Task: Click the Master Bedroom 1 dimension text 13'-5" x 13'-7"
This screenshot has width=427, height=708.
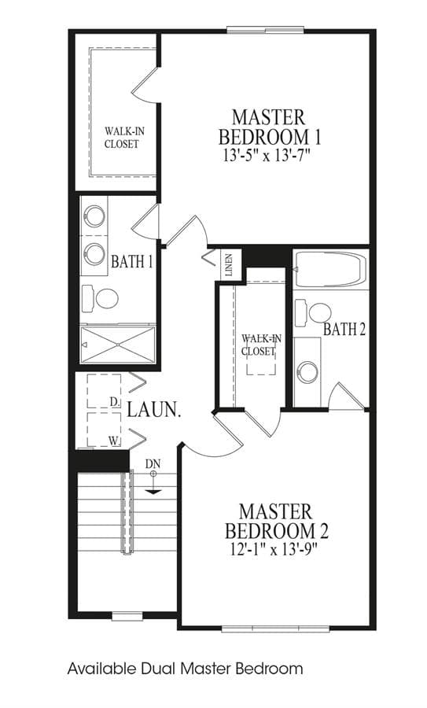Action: coord(268,156)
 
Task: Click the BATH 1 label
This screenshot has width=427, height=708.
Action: coord(132,261)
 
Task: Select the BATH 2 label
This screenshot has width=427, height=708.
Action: coord(344,330)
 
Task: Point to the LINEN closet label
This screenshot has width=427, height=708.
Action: coord(228,266)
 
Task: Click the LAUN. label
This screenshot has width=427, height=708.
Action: coord(154,410)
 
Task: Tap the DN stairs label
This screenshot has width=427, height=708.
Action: coord(153,463)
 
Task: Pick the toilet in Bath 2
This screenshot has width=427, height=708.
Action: coord(313,313)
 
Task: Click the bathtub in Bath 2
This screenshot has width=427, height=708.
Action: coord(330,270)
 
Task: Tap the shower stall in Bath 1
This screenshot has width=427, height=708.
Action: coord(117,345)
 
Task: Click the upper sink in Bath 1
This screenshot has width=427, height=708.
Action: coord(95,216)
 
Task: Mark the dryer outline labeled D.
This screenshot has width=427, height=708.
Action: coord(104,391)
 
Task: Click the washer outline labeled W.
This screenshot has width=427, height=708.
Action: coord(104,430)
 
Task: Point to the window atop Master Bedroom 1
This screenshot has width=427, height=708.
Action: coord(266,30)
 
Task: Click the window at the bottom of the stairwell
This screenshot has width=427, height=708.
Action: coord(127,615)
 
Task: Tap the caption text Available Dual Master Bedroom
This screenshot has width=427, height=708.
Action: coord(185,668)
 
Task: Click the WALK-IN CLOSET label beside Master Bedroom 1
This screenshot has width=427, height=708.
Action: coord(122,138)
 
